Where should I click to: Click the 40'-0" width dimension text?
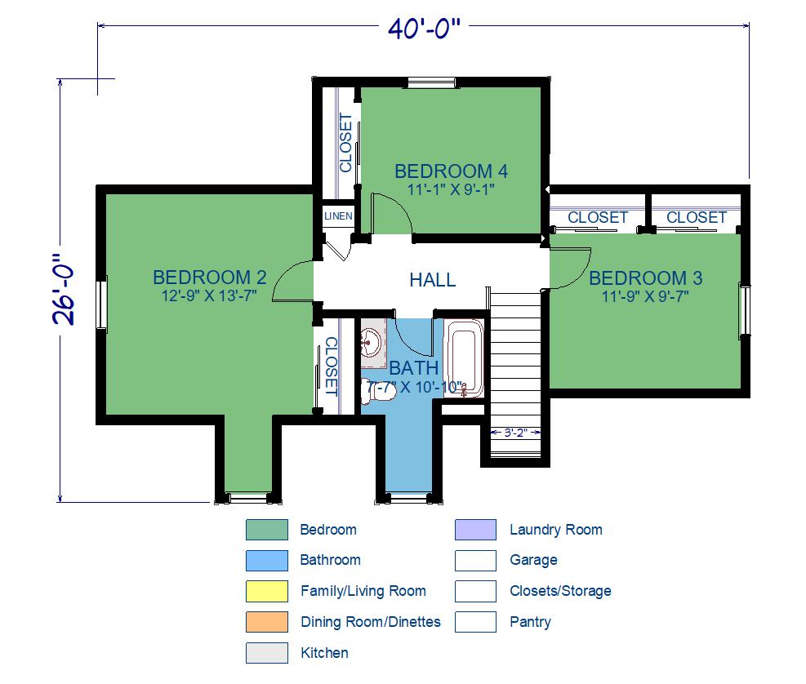pos(424,29)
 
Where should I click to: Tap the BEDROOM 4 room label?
pos(451,171)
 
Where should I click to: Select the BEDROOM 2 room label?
pos(210,278)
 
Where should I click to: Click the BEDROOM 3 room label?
pos(646,278)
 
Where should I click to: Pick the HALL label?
pos(432,280)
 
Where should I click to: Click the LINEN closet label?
pos(338,216)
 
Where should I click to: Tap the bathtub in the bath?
pos(464,358)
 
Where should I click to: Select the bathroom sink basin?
pos(370,341)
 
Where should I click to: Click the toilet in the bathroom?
pos(379,391)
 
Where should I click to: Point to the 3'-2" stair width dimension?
pos(515,433)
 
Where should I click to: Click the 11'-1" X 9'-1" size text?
pos(451,189)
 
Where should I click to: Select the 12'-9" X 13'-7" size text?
pos(209,296)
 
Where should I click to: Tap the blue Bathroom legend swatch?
pos(267,561)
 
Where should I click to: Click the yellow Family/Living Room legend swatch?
pos(267,591)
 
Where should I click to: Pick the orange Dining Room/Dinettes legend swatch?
pos(267,622)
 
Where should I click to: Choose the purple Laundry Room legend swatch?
pos(475,530)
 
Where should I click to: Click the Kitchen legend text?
pos(324,653)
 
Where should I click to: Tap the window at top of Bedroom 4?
pos(431,82)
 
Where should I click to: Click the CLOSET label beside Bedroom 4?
pos(345,143)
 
